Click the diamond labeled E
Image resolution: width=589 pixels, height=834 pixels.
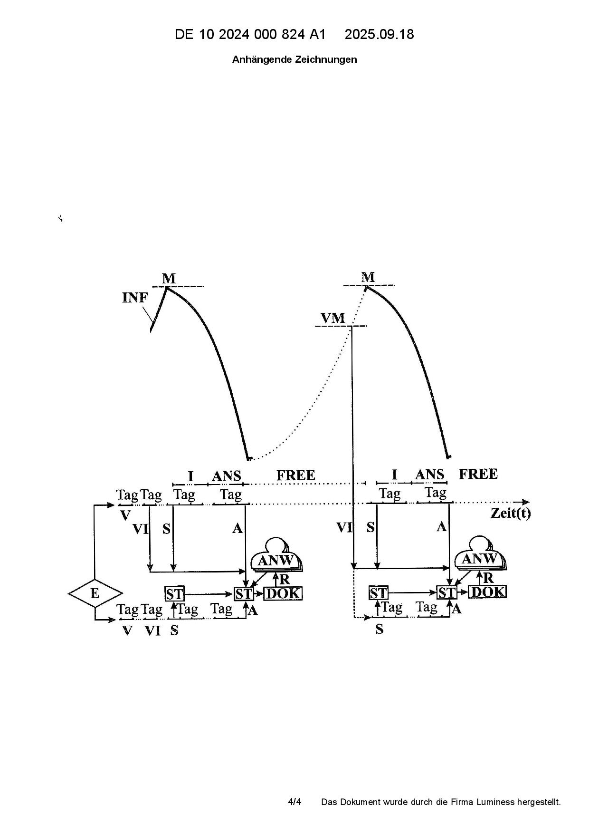click(x=95, y=593)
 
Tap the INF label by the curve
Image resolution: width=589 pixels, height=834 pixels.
click(x=135, y=298)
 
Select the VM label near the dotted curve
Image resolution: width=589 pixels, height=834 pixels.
click(x=333, y=318)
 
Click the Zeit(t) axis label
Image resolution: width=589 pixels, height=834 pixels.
click(x=511, y=514)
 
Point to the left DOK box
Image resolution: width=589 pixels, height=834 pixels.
click(x=283, y=593)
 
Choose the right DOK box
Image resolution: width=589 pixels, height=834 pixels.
click(x=487, y=592)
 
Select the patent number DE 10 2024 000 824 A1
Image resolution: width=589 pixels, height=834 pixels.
click(x=250, y=34)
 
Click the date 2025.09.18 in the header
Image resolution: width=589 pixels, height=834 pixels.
click(x=379, y=34)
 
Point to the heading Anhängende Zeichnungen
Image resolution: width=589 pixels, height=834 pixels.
click(x=294, y=59)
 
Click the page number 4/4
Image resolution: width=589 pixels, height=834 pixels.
click(x=294, y=802)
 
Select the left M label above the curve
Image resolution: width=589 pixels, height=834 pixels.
click(x=169, y=279)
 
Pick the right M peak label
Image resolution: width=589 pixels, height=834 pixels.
click(x=368, y=277)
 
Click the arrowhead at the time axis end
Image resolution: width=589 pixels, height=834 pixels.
click(x=526, y=502)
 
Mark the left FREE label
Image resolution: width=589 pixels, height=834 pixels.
click(x=295, y=475)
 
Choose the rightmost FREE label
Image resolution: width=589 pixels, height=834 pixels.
click(x=478, y=474)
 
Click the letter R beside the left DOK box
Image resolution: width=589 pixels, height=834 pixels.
click(x=285, y=580)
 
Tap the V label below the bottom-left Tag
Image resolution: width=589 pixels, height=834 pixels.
click(x=127, y=631)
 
